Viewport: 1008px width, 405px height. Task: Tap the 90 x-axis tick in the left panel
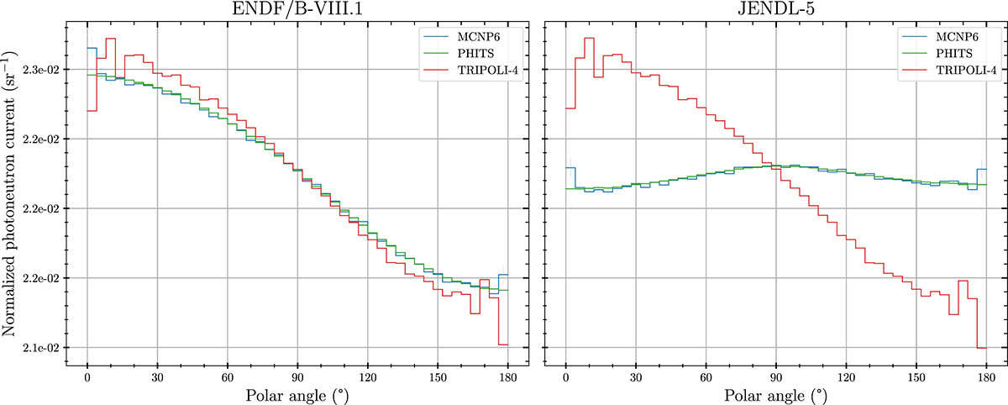point(297,375)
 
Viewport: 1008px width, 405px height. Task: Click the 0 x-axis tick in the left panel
point(87,375)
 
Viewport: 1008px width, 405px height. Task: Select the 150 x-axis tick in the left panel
point(437,375)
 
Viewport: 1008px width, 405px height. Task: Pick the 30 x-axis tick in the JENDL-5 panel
point(636,375)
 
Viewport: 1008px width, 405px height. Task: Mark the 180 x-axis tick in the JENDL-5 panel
point(986,375)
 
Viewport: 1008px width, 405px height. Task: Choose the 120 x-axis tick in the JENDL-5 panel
point(846,375)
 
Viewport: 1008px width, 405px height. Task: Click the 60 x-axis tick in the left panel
point(227,375)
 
